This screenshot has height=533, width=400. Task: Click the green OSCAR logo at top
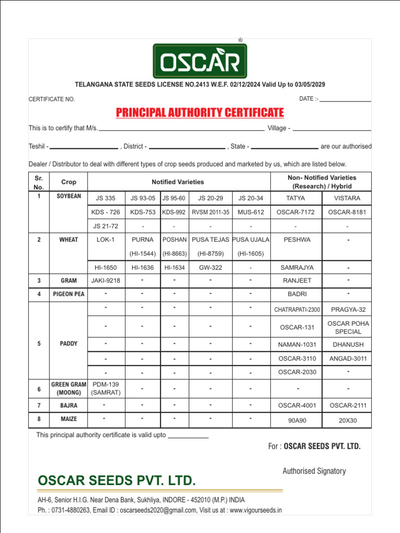(199, 61)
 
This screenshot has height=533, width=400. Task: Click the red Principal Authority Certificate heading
(199, 112)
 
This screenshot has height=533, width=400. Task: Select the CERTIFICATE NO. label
(52, 99)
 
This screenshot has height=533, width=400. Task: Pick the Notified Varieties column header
(178, 182)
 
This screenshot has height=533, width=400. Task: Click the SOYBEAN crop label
(69, 196)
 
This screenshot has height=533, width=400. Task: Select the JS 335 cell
(106, 198)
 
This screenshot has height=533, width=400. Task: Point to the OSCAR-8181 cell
(347, 212)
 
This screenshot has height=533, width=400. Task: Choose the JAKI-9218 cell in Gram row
(106, 281)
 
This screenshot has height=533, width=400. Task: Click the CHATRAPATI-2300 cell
(297, 310)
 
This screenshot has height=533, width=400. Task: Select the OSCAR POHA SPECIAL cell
(347, 327)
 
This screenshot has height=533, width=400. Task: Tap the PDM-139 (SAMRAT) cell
(106, 388)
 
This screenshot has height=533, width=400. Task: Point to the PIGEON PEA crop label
(69, 294)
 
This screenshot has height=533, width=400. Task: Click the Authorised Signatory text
(314, 471)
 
